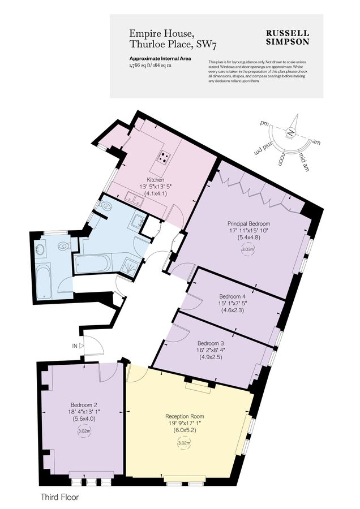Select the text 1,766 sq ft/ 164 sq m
[150, 66]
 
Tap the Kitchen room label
[155, 180]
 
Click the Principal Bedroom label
[249, 223]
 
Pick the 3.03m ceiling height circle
[247, 249]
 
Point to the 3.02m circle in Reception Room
[183, 443]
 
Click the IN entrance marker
[75, 344]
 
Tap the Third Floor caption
[59, 498]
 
